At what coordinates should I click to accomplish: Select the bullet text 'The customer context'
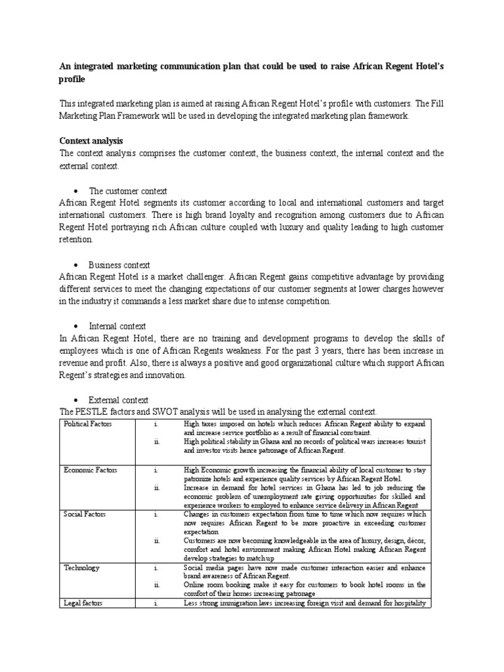pos(128,190)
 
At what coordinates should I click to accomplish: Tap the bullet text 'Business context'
pos(119,264)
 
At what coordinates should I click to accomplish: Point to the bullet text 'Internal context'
pos(117,326)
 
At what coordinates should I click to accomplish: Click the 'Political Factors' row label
pos(88,425)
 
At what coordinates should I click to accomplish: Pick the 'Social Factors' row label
pos(84,514)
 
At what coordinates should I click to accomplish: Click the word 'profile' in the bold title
pos(72,79)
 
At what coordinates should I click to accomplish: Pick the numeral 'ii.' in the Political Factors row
pos(157,442)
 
